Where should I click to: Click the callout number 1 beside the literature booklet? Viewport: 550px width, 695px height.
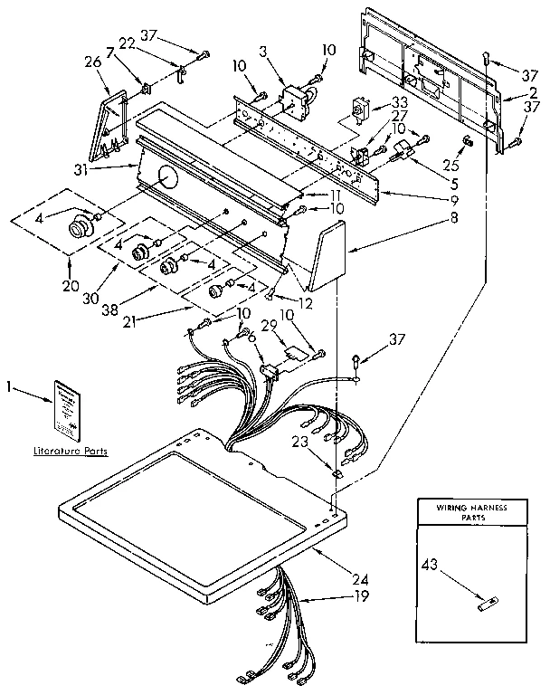pyautogui.click(x=10, y=387)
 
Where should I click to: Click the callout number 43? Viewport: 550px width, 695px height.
pyautogui.click(x=431, y=566)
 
